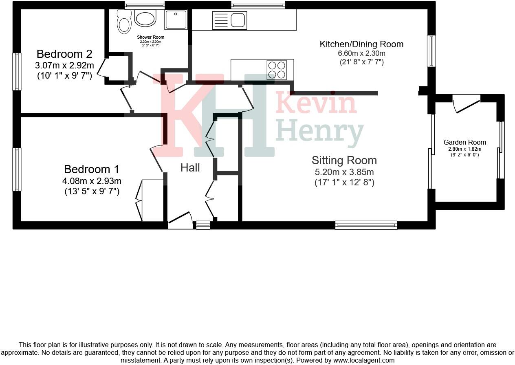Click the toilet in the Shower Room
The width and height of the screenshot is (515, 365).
(x=123, y=23)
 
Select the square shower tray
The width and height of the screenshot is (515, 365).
(x=176, y=20)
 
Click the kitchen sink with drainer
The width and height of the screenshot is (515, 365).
(x=229, y=20)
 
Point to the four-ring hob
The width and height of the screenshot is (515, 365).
(x=277, y=70)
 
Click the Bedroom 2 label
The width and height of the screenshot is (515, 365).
(x=64, y=54)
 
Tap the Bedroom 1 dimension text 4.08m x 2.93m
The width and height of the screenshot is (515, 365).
(x=92, y=181)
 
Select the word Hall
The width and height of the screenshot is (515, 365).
(x=190, y=167)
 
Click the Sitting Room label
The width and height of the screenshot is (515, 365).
(x=344, y=160)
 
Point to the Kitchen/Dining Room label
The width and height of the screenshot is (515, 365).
(x=361, y=44)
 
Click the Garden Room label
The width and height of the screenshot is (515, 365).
(x=464, y=142)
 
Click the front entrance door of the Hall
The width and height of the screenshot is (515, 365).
(x=180, y=220)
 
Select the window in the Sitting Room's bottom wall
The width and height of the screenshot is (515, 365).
(x=366, y=225)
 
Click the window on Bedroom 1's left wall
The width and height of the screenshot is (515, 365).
(x=17, y=169)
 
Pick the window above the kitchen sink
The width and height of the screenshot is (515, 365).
(x=257, y=5)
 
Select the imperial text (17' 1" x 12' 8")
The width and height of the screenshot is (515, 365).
(x=344, y=182)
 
